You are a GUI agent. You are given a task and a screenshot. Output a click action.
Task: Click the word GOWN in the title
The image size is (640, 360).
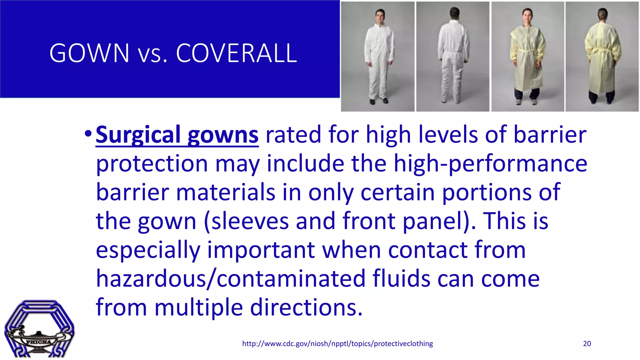[89, 53]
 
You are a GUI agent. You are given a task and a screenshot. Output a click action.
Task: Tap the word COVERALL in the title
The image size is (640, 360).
[236, 53]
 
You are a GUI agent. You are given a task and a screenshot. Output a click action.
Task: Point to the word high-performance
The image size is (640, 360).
[490, 163]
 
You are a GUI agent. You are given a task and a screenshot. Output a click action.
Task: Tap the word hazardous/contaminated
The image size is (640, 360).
[231, 278]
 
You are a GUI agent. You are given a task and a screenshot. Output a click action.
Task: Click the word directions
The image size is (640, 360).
[306, 307]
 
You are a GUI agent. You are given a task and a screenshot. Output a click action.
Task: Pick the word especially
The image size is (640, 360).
[148, 250]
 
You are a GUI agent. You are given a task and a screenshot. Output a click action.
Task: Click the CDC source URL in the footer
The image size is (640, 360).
[337, 344]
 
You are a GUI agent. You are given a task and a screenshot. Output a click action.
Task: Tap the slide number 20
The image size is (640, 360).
[587, 344]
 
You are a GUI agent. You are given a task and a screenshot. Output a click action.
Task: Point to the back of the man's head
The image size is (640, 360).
[454, 13]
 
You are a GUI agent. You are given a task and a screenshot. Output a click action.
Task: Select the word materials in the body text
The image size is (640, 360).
[226, 192]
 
